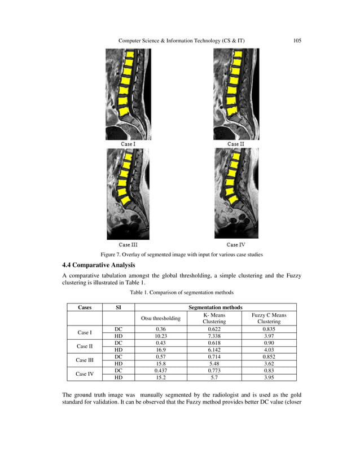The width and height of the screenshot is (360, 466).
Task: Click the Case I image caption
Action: tap(128, 144)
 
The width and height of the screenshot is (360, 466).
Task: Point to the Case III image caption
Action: tap(128, 244)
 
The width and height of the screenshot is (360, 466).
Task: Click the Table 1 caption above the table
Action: tap(182, 293)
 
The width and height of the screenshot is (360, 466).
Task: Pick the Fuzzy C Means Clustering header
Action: tap(269, 318)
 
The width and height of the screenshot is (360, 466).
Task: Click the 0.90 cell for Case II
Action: tap(269, 343)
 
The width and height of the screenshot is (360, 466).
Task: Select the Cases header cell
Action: tap(85, 307)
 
